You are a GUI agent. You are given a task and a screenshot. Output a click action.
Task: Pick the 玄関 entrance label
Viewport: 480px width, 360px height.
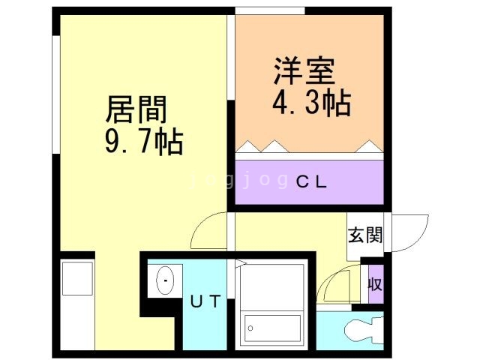coord(364,235)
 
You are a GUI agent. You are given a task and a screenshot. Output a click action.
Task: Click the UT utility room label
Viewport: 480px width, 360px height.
coord(204,302)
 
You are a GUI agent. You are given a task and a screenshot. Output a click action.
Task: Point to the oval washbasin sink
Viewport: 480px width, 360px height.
coord(164,281)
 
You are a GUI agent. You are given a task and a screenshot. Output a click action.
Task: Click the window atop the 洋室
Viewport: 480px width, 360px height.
coord(270,10)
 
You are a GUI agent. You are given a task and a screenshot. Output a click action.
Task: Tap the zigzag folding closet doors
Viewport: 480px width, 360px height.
coord(309,146)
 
